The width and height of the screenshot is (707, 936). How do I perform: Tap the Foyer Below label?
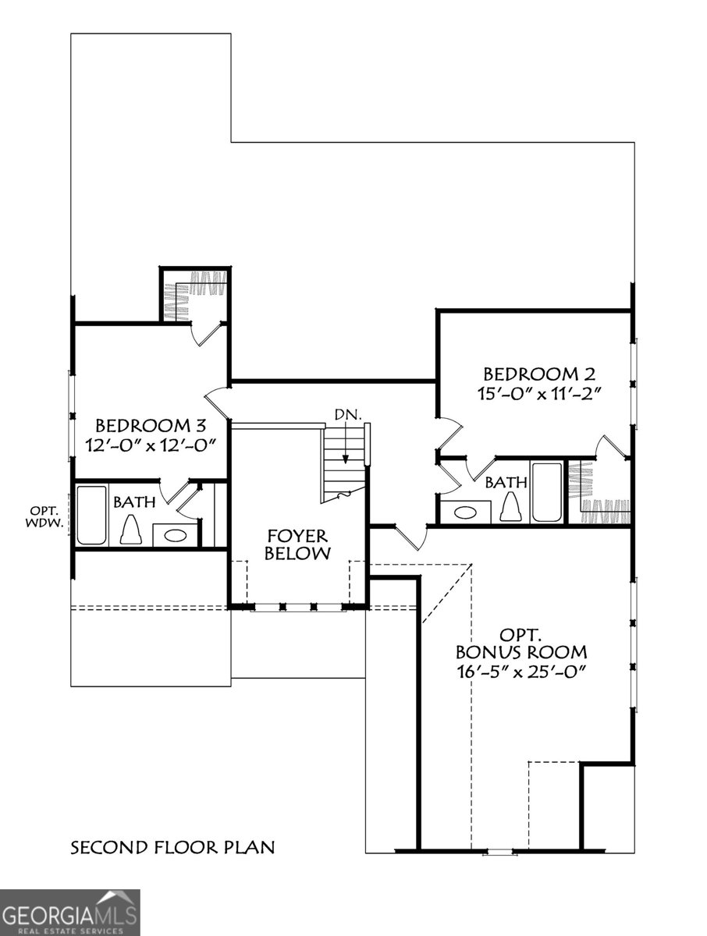point(297,544)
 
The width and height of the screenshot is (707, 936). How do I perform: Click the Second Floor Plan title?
point(172,847)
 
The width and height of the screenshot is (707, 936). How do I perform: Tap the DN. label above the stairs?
point(347,415)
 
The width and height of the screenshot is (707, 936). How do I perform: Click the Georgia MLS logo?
point(69,912)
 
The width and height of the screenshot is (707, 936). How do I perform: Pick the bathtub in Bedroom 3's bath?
point(91,516)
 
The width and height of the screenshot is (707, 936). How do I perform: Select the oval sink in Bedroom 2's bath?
point(465,512)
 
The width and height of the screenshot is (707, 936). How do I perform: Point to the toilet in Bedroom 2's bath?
point(510,508)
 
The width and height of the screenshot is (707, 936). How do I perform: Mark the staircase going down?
point(343,465)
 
